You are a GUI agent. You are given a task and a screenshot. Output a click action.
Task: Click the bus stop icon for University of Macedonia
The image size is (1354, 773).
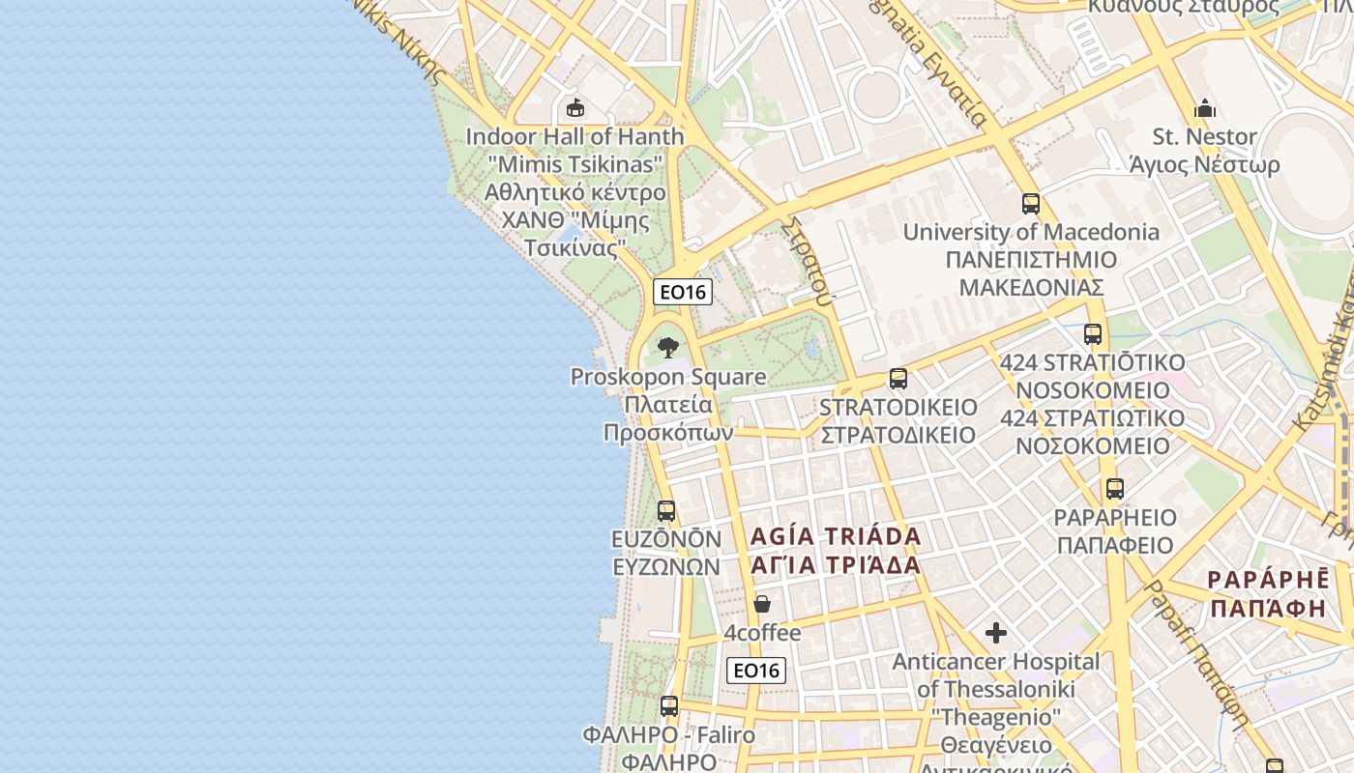1031,204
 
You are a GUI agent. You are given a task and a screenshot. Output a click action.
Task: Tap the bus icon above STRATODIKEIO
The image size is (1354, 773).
898,379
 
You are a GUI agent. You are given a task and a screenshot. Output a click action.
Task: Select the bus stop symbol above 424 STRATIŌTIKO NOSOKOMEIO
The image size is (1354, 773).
1093,334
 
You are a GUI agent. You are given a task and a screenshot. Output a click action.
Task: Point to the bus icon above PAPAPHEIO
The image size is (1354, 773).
1115,489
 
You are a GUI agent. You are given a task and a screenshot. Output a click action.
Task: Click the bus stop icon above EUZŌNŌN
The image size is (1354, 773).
666,510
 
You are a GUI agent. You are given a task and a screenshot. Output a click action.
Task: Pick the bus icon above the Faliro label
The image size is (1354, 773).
669,706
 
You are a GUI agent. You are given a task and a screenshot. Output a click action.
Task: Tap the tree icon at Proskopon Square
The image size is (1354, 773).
667,348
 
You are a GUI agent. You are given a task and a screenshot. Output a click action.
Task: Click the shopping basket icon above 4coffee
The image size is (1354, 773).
762,605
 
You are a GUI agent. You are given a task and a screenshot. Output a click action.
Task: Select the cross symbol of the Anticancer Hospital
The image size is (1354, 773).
996,634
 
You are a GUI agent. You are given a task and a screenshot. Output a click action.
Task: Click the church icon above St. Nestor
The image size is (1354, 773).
1205,108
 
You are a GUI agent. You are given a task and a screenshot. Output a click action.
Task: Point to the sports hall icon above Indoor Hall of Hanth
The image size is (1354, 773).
575,107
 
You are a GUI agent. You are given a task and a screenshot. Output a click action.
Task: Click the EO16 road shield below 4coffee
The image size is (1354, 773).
756,671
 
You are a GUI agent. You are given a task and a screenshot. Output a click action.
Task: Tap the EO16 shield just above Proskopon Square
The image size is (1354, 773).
683,292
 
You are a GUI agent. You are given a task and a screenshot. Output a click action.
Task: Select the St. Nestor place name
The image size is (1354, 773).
1205,137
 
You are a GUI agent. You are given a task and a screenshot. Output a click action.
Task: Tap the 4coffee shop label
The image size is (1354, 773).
763,634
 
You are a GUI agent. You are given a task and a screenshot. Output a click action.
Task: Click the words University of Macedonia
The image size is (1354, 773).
1031,233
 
